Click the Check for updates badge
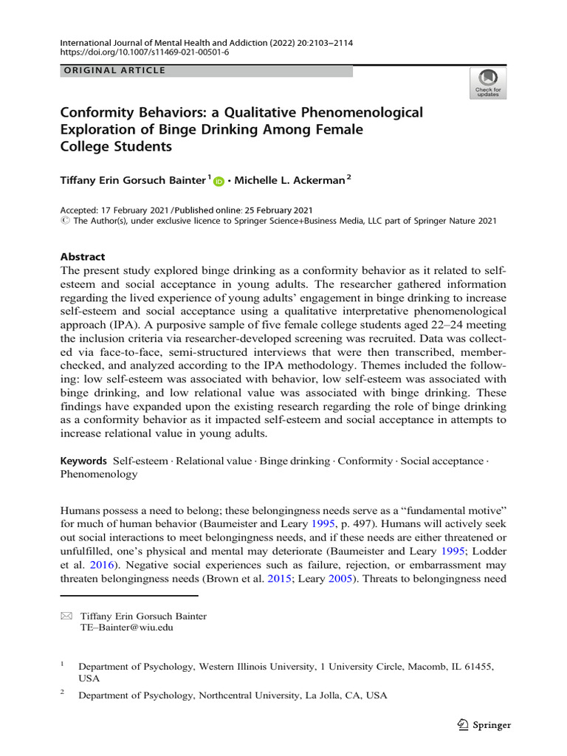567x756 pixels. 488,83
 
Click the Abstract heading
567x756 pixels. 82,257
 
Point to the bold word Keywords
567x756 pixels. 83,461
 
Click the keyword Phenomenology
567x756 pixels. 98,474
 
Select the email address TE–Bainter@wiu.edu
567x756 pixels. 128,628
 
